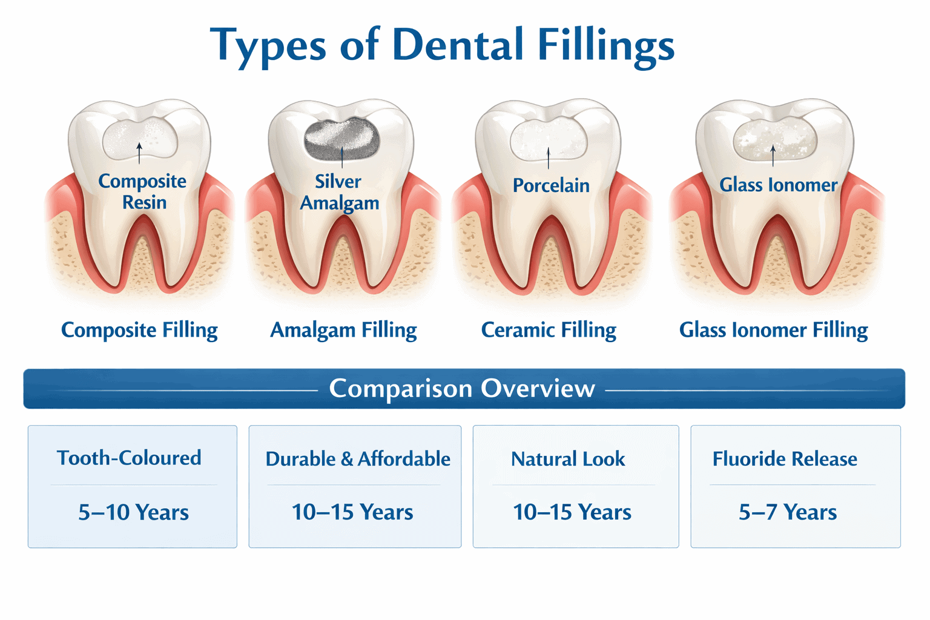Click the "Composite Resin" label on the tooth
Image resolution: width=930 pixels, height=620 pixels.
142,191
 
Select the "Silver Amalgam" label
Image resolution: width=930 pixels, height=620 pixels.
339,192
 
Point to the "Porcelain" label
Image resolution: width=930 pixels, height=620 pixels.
551,185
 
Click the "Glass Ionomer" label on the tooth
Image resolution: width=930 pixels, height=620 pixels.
779,185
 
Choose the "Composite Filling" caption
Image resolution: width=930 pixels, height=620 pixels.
139,331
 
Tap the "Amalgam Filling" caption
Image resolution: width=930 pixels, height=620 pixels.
343,331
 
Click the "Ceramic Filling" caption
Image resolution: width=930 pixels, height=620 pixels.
549,331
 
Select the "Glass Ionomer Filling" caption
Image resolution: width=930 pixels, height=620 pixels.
773,331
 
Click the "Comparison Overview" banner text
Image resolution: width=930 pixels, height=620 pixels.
462,389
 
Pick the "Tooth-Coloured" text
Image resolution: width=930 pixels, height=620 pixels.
129,458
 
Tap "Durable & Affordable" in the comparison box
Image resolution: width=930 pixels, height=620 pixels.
358,459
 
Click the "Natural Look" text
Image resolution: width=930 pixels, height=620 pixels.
568,459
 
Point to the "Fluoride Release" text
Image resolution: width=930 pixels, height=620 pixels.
785,459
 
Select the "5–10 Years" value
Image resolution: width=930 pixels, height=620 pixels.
134,512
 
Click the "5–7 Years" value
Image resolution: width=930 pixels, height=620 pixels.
788,512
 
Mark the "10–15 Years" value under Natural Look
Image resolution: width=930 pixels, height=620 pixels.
572,512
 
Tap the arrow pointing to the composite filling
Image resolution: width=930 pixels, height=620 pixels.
139,153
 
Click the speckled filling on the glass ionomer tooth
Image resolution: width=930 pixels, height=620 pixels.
775,139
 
